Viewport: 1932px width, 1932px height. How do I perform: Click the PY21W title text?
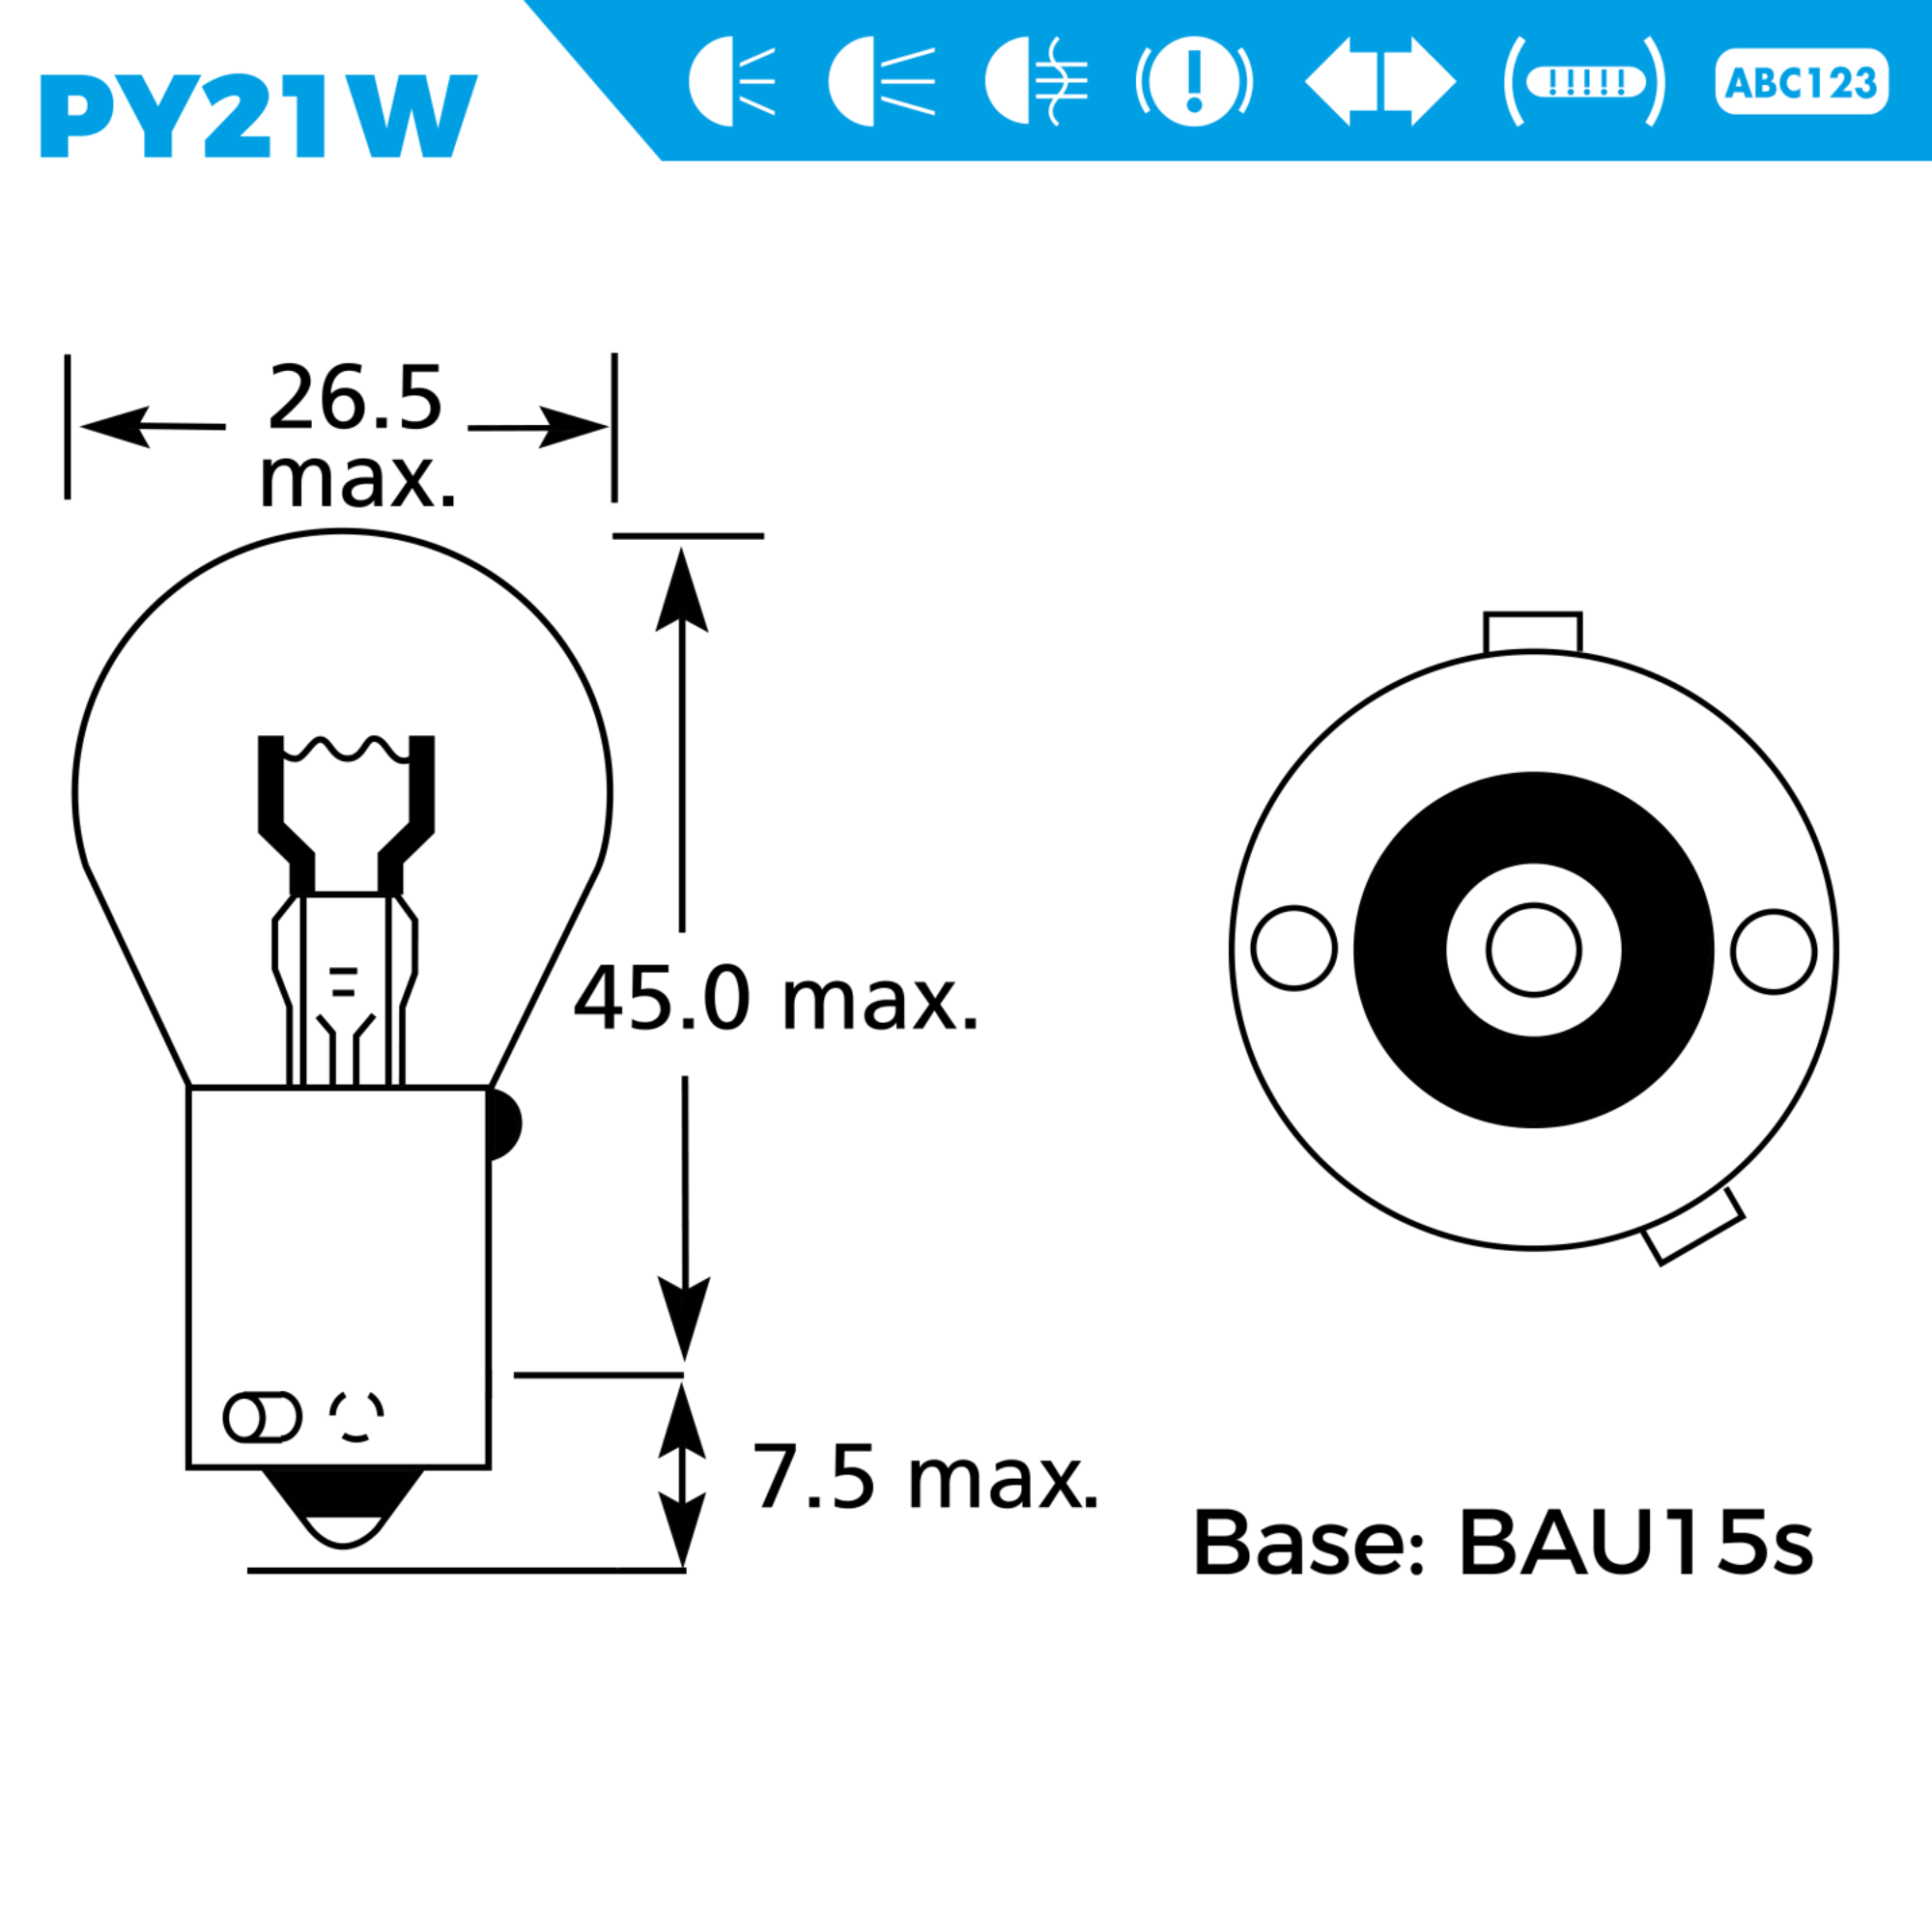[x=258, y=116]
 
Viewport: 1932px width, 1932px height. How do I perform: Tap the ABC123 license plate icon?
[x=1801, y=82]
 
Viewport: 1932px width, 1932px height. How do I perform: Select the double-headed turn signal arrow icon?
[x=1380, y=82]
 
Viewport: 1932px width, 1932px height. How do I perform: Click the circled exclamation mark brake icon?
[x=1194, y=82]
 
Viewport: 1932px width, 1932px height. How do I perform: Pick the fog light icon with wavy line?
[x=1035, y=82]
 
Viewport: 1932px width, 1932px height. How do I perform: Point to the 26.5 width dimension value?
[x=355, y=398]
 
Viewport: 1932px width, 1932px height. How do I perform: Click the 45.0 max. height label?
[x=776, y=999]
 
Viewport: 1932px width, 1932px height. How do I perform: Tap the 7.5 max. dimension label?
[x=925, y=1477]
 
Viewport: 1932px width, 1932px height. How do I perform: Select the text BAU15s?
[x=1636, y=1542]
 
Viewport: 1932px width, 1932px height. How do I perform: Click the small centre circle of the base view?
[x=1533, y=950]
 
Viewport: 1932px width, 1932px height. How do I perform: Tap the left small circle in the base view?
[x=1294, y=948]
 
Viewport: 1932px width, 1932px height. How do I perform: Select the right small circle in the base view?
[x=1774, y=951]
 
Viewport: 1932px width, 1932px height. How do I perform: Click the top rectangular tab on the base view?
[x=1532, y=633]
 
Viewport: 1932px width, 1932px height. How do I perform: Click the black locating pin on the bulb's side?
[x=503, y=1124]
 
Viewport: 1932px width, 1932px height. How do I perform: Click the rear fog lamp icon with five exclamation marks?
[x=1585, y=82]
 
